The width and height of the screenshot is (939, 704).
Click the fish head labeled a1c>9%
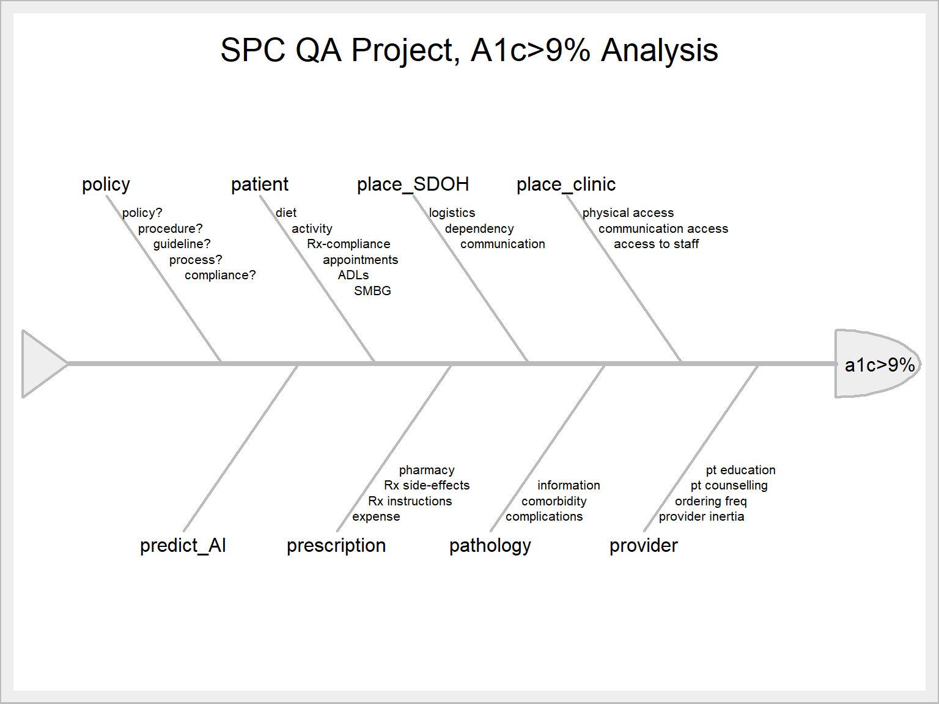877,364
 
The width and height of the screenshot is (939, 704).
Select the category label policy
106,184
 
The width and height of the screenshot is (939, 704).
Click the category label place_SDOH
413,184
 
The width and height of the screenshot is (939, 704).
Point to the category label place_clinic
565,184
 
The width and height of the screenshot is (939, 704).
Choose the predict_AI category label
183,545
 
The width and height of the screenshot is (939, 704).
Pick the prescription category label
336,545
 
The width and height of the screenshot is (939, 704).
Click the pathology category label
490,545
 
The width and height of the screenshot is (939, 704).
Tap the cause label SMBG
372,291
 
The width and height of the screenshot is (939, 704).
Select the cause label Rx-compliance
348,244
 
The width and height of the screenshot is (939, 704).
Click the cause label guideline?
182,244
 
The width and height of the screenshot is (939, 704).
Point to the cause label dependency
479,229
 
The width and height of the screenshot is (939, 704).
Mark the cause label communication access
663,229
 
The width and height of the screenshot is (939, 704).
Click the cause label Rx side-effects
427,485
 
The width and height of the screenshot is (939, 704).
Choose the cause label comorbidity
554,501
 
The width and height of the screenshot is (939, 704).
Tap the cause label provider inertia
701,516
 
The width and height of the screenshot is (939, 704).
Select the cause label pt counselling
729,485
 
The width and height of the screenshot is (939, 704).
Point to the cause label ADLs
353,275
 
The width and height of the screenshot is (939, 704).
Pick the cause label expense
376,516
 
